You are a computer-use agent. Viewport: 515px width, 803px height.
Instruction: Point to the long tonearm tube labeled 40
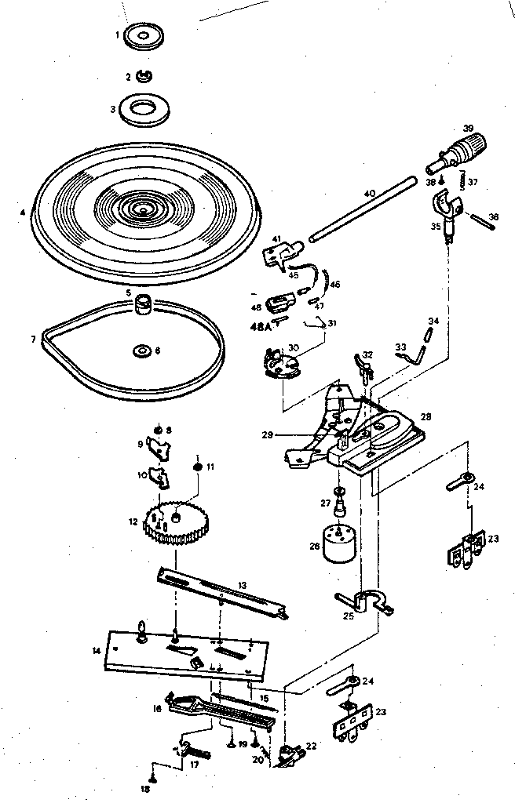pyautogui.click(x=362, y=209)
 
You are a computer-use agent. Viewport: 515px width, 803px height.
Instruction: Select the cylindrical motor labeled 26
pyautogui.click(x=336, y=540)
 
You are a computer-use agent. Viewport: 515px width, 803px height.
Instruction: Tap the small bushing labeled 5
pyautogui.click(x=144, y=303)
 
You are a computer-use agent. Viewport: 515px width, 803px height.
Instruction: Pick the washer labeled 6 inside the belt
pyautogui.click(x=141, y=351)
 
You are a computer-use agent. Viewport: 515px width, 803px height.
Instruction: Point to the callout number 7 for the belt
pyautogui.click(x=33, y=340)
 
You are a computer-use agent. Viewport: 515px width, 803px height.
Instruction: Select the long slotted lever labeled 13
pyautogui.click(x=220, y=590)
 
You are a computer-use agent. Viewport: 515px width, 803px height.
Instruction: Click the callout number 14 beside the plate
pyautogui.click(x=97, y=650)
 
